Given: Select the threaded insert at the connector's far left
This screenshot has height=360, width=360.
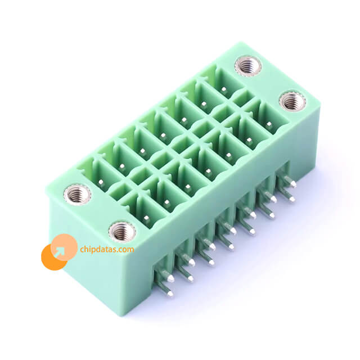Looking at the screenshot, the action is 78,194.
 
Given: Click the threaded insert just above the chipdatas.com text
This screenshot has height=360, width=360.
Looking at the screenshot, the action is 122,232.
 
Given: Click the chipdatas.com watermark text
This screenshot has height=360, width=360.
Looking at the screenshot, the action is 107,249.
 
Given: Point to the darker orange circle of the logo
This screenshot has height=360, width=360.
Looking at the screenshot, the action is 53,258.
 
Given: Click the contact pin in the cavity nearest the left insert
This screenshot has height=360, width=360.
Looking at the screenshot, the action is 101,182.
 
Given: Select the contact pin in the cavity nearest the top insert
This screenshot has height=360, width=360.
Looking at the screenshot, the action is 224,89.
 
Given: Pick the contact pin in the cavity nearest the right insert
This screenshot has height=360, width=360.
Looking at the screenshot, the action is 269,124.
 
